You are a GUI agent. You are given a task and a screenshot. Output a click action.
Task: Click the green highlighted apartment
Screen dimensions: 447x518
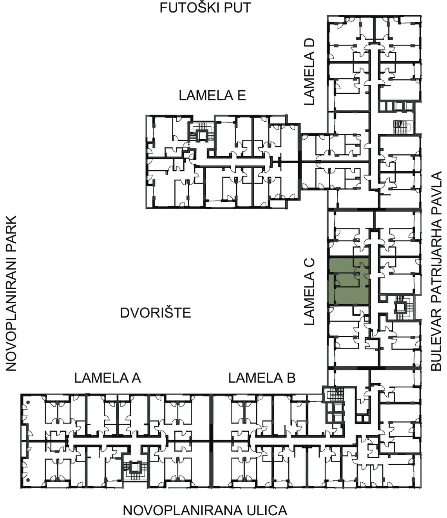click(349, 281)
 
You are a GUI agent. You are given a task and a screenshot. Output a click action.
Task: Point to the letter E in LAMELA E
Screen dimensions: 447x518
click(242, 95)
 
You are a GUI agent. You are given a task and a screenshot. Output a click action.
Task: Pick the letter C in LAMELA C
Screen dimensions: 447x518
click(309, 263)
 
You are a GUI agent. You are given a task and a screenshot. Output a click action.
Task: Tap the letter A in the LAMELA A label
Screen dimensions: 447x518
click(136, 378)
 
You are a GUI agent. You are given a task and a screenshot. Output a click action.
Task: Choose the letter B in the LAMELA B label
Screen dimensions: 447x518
click(291, 378)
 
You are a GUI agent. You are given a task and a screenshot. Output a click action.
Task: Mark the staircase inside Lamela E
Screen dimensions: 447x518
click(201, 135)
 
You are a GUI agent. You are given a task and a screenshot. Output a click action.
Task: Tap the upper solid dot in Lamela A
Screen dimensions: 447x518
click(28, 403)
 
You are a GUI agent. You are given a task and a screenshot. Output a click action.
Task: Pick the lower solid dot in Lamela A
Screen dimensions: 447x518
click(28, 480)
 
